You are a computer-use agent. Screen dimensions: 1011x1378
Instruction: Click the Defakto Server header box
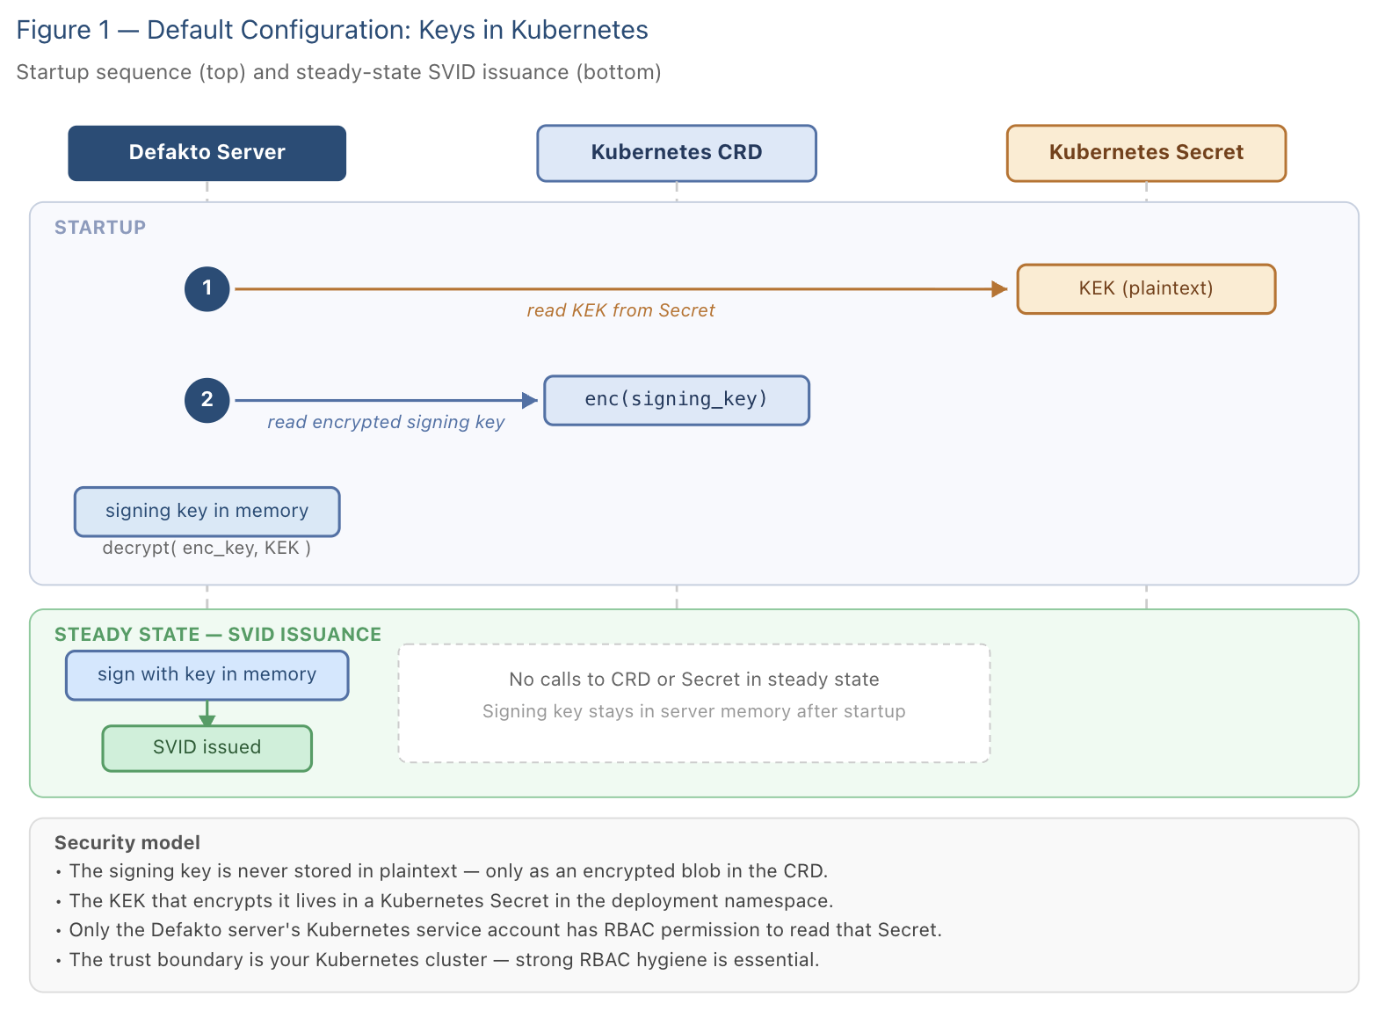pos(207,153)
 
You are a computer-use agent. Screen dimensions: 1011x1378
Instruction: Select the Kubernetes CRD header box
pos(676,153)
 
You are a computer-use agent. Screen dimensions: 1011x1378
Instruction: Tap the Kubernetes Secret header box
pos(1146,153)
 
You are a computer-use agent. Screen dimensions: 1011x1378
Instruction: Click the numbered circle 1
pos(207,288)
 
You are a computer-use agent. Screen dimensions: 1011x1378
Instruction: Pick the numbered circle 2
pos(207,400)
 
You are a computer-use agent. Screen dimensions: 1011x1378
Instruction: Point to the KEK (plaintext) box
pos(1146,288)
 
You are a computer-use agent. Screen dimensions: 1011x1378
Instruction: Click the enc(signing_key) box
pos(676,400)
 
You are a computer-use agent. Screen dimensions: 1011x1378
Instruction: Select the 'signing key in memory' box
pos(207,512)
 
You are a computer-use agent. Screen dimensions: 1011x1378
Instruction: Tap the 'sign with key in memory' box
pos(207,674)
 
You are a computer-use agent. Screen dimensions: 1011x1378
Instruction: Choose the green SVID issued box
pos(207,748)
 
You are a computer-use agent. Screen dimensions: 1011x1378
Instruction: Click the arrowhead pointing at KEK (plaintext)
pos(999,288)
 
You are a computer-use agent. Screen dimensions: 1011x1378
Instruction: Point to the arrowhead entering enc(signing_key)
pos(530,400)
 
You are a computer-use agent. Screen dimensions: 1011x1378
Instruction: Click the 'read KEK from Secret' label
pos(620,310)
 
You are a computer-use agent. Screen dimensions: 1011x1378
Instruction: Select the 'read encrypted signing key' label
pos(386,422)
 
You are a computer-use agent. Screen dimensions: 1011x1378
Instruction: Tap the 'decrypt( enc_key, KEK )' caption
pos(207,548)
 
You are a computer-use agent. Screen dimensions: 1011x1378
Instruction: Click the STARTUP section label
pos(100,228)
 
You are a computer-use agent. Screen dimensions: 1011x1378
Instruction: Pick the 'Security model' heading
pos(127,842)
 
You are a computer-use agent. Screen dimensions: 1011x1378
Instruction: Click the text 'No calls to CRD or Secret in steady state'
pos(693,680)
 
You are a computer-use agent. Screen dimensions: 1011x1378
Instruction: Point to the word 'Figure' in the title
pos(54,31)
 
